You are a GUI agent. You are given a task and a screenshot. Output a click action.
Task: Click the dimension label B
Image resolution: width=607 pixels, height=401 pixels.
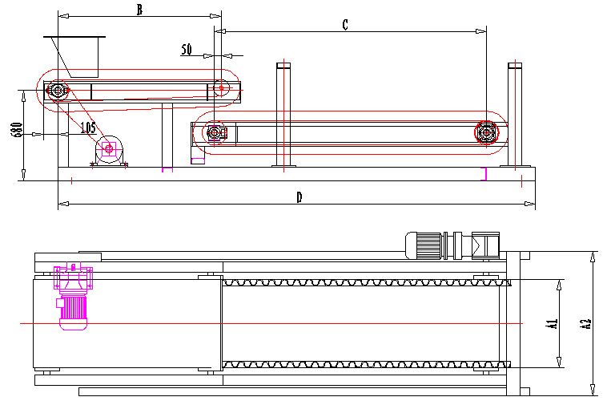pyautogui.click(x=139, y=10)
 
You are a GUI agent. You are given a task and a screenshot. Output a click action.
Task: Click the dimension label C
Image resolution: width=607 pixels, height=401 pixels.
pyautogui.click(x=345, y=25)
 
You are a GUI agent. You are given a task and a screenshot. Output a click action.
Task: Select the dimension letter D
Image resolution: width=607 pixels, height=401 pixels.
pyautogui.click(x=299, y=197)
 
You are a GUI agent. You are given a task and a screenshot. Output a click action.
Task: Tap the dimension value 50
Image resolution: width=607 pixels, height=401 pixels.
pyautogui.click(x=187, y=50)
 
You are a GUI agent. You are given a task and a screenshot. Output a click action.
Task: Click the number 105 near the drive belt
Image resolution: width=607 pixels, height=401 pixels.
pyautogui.click(x=88, y=127)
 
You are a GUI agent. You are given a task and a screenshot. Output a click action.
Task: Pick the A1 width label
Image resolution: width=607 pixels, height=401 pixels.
pyautogui.click(x=551, y=324)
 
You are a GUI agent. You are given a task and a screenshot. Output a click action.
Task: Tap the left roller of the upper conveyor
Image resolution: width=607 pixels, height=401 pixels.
pyautogui.click(x=57, y=91)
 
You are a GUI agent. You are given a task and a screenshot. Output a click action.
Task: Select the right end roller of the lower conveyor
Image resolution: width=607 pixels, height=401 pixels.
pyautogui.click(x=486, y=132)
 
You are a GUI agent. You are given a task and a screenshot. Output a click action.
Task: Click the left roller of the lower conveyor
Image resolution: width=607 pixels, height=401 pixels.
pyautogui.click(x=215, y=132)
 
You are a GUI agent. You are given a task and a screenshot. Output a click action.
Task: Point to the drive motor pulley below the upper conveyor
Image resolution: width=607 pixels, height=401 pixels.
pyautogui.click(x=109, y=148)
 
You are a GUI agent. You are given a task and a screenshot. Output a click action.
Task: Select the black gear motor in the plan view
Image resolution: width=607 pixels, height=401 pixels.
pyautogui.click(x=448, y=244)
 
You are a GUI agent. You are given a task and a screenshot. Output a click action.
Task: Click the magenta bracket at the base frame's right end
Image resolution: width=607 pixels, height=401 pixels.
pyautogui.click(x=484, y=173)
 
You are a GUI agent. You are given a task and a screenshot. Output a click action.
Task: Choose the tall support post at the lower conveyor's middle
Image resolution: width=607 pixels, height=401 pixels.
pyautogui.click(x=282, y=113)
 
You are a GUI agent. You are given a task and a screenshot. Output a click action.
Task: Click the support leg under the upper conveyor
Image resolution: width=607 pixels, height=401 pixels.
pyautogui.click(x=167, y=134)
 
